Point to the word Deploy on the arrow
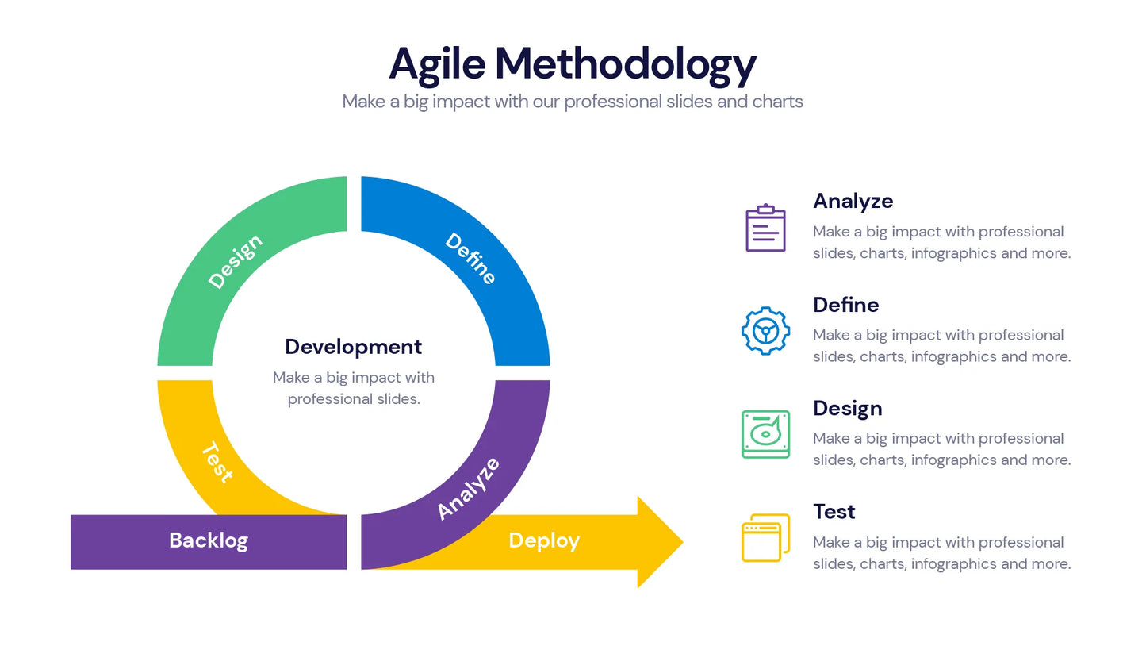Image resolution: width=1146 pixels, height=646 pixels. point(544,540)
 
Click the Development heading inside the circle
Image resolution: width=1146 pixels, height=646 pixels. point(353,347)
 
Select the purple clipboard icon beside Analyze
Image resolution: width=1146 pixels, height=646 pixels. point(765,229)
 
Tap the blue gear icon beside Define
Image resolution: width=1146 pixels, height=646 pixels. point(765,331)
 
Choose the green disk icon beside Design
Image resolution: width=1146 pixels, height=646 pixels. point(765,434)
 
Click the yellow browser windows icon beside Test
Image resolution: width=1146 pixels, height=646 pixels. point(765,538)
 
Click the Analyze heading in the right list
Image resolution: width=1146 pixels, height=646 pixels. point(853,201)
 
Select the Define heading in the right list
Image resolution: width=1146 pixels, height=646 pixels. point(845,305)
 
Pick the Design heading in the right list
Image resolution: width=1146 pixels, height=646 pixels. point(847,408)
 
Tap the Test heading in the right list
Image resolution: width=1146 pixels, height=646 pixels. point(834,512)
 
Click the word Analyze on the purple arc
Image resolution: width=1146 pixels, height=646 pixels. point(469,489)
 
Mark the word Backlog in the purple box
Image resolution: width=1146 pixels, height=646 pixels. point(209,540)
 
